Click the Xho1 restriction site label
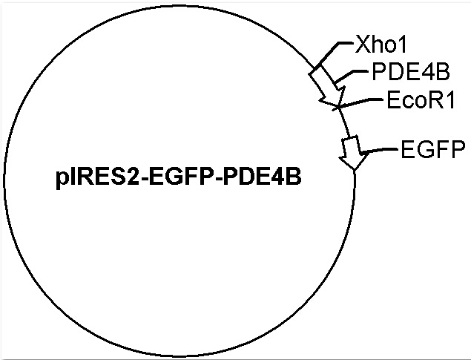coord(381,45)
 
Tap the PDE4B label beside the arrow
coord(411,71)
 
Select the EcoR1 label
coord(421,99)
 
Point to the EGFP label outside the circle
coord(433,149)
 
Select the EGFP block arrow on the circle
coord(353,152)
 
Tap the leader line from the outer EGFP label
coord(379,150)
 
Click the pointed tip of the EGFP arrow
coord(355,170)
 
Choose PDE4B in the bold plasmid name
coord(262,177)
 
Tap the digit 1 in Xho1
coord(401,45)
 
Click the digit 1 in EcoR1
coord(449,99)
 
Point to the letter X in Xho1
coord(362,45)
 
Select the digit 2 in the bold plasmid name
coord(133,177)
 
